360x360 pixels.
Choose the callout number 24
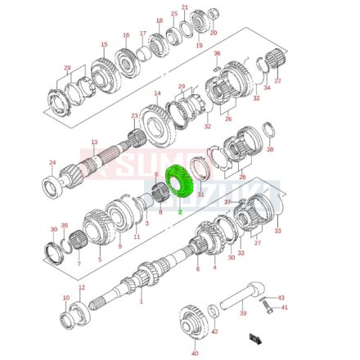click(x=52, y=162)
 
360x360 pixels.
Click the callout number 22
click(x=277, y=80)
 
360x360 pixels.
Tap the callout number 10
click(x=66, y=299)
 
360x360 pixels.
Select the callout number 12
click(x=82, y=288)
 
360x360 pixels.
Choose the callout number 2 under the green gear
click(x=179, y=211)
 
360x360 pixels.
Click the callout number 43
click(x=281, y=297)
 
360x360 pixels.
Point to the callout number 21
click(x=184, y=7)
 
